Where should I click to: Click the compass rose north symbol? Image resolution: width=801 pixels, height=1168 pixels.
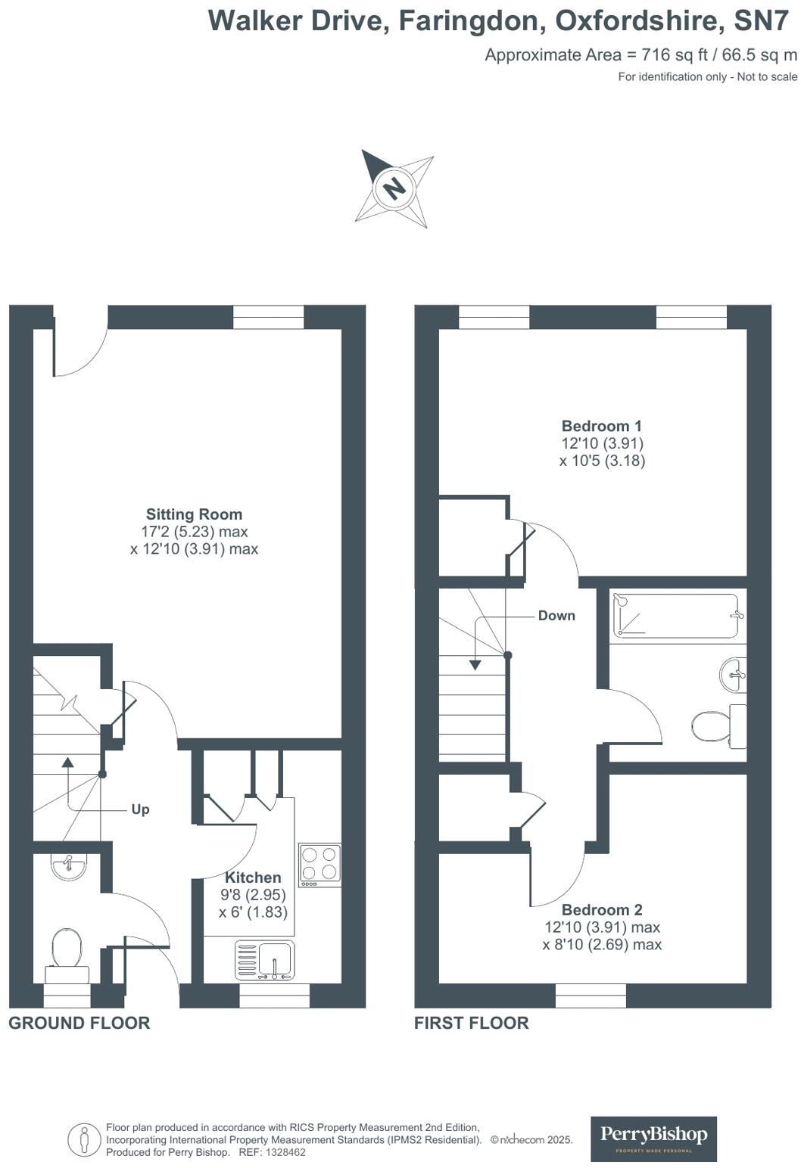394,187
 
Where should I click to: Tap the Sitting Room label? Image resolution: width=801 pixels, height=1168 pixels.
194,514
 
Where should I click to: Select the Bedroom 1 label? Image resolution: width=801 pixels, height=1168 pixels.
601,426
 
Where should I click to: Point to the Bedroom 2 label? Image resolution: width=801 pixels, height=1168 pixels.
601,910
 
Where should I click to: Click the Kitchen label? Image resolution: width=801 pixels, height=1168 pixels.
253,878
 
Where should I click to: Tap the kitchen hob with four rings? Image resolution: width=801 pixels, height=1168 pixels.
319,865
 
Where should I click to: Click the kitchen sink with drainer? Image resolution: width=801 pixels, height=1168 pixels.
264,961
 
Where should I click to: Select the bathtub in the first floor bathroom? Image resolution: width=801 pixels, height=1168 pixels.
675,616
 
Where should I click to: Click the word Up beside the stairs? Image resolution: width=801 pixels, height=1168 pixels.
140,809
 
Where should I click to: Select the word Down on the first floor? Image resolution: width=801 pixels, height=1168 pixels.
556,616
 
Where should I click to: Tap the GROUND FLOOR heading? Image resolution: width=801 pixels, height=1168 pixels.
79,1023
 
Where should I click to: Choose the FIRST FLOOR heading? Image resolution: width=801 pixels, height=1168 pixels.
471,1023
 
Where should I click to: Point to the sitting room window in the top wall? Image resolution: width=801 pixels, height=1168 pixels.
268,317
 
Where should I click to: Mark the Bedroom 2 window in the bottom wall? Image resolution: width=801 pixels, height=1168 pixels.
591,996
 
